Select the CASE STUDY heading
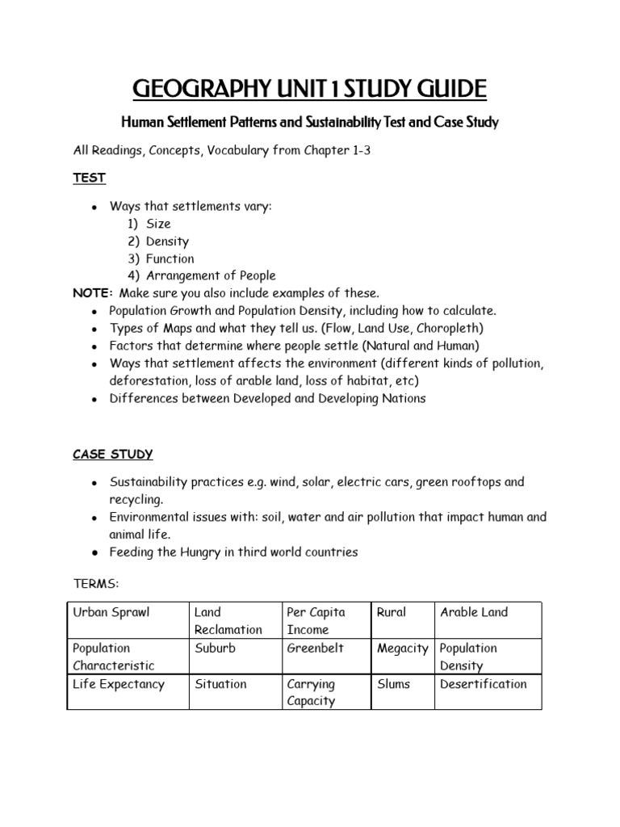click(x=113, y=454)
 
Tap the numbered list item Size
click(x=158, y=224)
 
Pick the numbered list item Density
click(x=167, y=241)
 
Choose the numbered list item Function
click(x=170, y=258)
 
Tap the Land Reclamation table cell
click(x=228, y=620)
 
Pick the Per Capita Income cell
click(x=316, y=620)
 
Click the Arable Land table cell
click(x=474, y=612)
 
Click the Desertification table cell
click(x=483, y=684)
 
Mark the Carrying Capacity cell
click(x=312, y=692)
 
